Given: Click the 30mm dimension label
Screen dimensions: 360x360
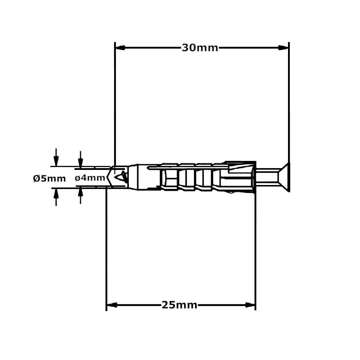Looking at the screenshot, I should click(x=200, y=48).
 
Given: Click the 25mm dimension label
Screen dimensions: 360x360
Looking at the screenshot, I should click(x=179, y=305).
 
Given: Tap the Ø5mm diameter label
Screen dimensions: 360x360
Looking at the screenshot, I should click(x=49, y=178).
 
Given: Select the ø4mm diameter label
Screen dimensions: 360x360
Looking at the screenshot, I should click(x=90, y=178).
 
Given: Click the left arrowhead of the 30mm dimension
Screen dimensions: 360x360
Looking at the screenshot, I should click(x=120, y=48).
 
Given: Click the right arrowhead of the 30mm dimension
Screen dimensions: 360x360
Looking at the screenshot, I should click(x=284, y=48).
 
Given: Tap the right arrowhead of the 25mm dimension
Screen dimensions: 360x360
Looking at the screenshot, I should click(x=250, y=305).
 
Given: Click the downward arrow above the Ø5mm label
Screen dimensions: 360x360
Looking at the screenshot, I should click(x=56, y=158).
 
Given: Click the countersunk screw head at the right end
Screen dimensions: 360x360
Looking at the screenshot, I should click(x=285, y=177).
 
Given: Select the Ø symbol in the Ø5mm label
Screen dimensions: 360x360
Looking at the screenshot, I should click(x=36, y=178).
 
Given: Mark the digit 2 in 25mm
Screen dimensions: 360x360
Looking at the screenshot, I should click(x=166, y=305).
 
